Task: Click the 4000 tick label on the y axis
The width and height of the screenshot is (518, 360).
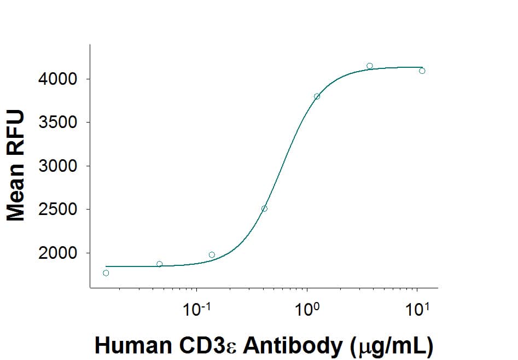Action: coord(57,79)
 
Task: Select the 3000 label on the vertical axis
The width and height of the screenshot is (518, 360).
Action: coord(57,166)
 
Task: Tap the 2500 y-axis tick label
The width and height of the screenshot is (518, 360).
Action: coord(57,210)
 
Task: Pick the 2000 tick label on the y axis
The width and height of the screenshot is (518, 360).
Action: coord(57,253)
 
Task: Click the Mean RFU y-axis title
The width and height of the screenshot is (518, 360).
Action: coord(16,165)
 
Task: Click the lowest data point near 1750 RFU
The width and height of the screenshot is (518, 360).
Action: coord(106,273)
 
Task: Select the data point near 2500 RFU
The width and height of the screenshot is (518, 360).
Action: coord(264,208)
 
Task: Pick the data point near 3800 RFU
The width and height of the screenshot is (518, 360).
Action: coord(317,96)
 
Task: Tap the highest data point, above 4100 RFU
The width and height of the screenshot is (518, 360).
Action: coord(370,66)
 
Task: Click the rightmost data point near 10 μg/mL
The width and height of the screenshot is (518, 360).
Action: coord(422,71)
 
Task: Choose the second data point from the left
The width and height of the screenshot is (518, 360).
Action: coord(159,264)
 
